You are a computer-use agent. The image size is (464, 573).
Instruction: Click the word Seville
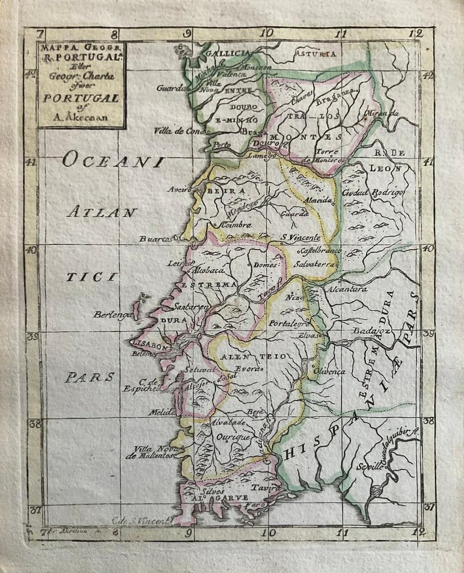pos(370,467)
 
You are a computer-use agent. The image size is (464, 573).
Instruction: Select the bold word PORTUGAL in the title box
pos(81,98)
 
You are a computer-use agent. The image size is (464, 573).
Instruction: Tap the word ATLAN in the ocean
pos(101,212)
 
